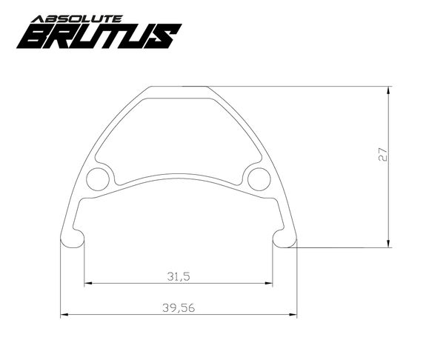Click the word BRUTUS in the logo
pyautogui.click(x=100, y=35)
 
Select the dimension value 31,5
pyautogui.click(x=178, y=276)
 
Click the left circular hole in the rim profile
pyautogui.click(x=98, y=179)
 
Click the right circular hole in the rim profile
pyautogui.click(x=259, y=179)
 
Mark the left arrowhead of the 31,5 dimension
pyautogui.click(x=88, y=283)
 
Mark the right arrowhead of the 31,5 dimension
pyautogui.click(x=269, y=283)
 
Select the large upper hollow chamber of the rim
pyautogui.click(x=178, y=133)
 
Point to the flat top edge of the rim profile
pyautogui.click(x=178, y=87)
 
